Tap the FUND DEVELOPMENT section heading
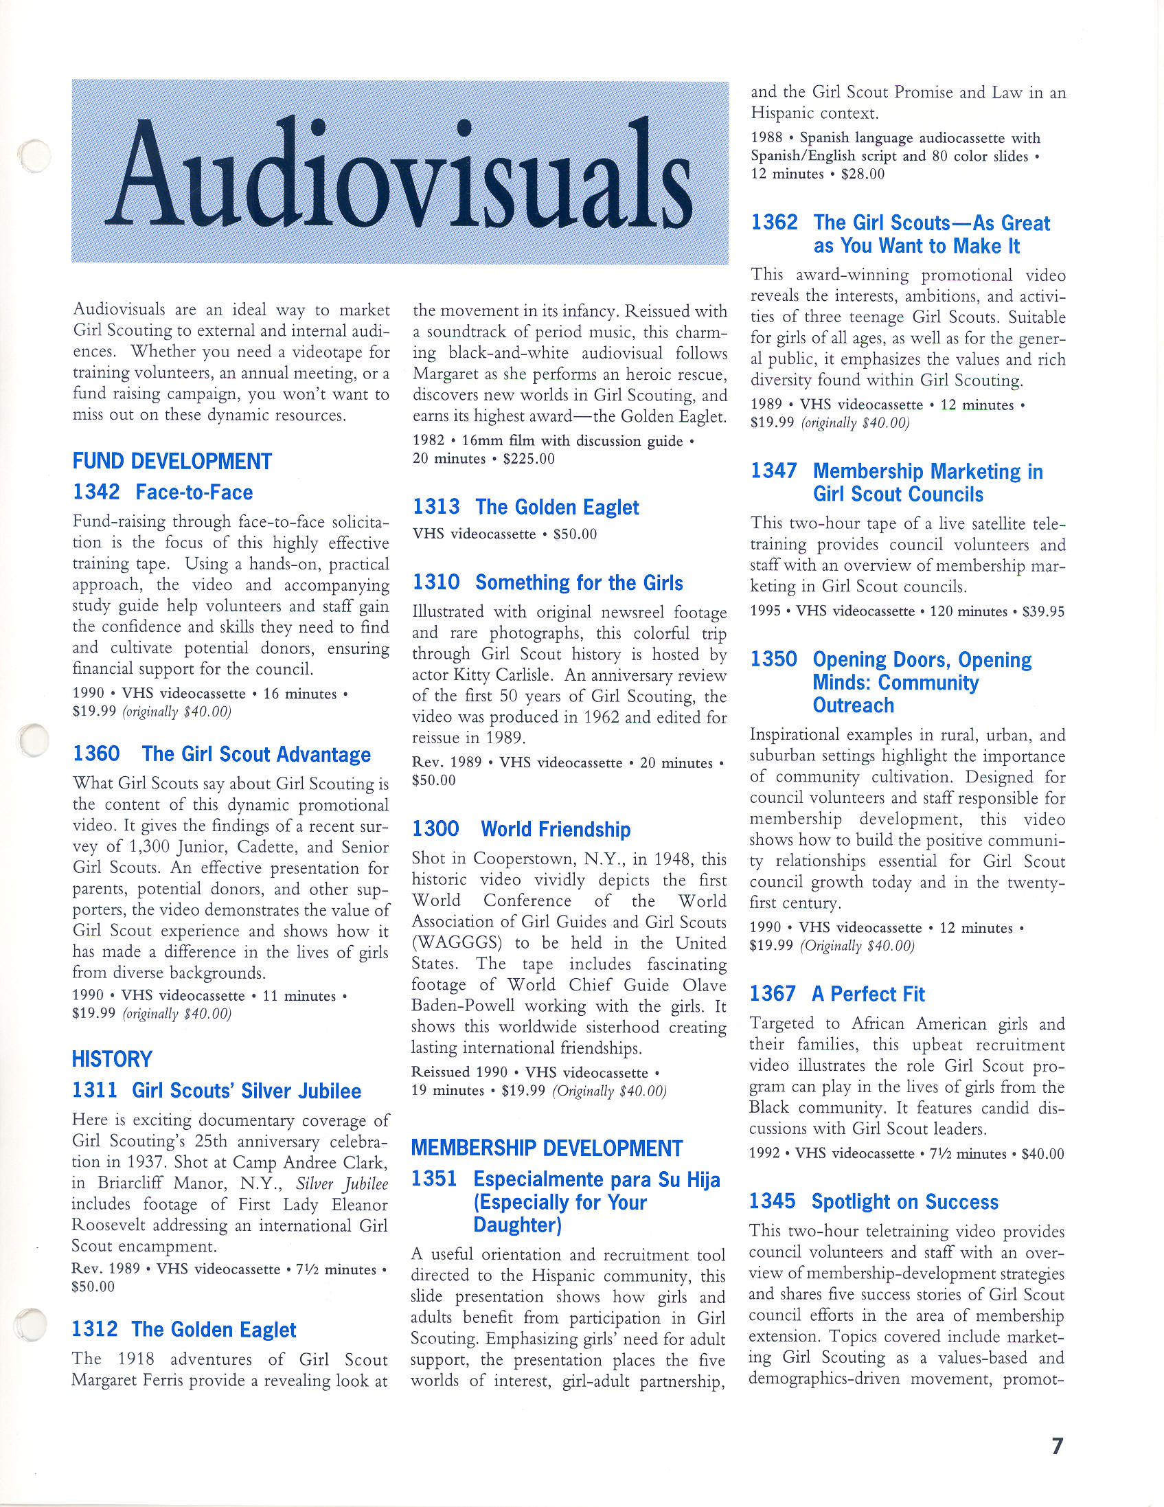172,461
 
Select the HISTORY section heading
112,1058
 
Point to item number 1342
96,492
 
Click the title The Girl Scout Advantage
256,754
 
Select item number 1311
95,1091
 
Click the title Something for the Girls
579,583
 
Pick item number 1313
436,507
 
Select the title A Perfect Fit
868,994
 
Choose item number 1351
435,1179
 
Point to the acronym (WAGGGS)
455,943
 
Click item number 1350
773,659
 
